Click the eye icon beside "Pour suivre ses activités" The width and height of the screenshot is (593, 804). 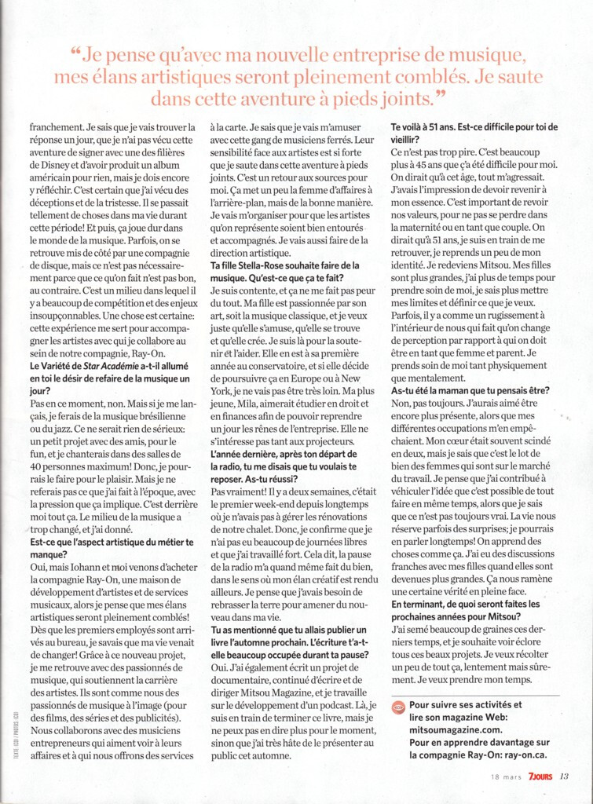pos(398,706)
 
